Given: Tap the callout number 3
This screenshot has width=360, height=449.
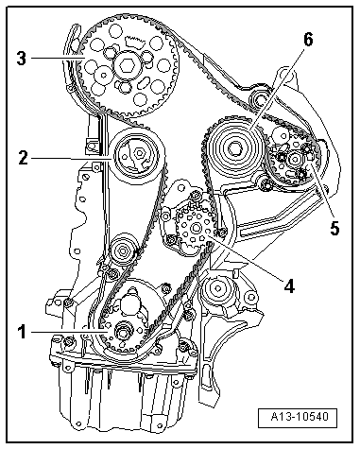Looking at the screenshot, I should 22,57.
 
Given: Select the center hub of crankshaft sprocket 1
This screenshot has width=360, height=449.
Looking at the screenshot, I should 123,333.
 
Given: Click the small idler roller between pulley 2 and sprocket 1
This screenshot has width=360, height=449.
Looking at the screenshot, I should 120,252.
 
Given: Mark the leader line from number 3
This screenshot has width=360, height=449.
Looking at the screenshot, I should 57,59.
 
